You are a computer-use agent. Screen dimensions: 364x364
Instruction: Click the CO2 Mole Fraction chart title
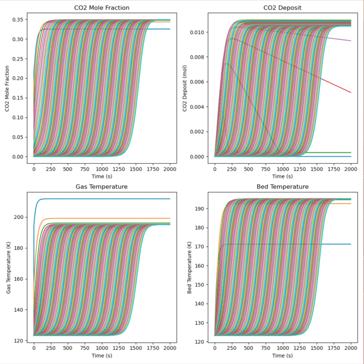pos(102,8)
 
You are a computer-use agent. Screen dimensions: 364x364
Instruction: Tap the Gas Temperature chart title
pos(102,187)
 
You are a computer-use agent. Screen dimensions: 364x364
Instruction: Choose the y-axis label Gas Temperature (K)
pos(7,266)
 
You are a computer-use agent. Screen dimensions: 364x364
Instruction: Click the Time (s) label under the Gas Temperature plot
pos(102,356)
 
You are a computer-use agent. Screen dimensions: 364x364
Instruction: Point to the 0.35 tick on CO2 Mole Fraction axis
pos(19,19)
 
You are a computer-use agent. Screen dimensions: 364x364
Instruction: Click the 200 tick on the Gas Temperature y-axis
pos(21,217)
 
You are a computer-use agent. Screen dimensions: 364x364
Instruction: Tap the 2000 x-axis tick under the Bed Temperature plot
pos(350,347)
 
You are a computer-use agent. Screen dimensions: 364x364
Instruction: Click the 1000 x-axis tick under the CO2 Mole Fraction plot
pos(102,168)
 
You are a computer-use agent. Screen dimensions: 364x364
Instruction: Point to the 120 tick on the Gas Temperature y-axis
pos(21,341)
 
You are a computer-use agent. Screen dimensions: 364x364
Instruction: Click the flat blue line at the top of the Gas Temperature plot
pos(117,199)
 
